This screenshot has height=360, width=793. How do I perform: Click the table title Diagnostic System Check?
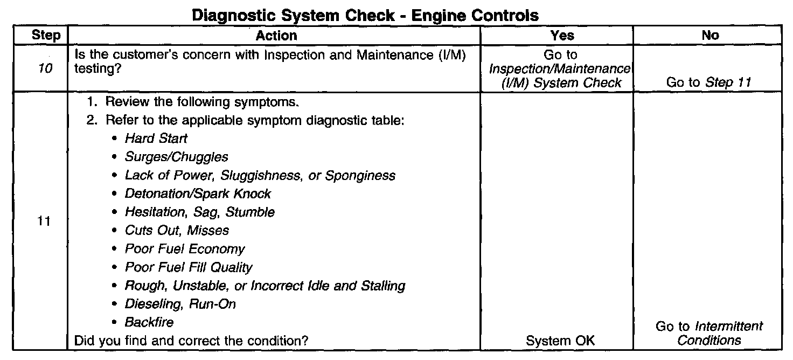[365, 16]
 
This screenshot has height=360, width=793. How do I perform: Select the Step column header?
[46, 36]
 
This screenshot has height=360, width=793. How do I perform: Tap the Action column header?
[276, 36]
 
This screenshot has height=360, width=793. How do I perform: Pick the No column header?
[710, 36]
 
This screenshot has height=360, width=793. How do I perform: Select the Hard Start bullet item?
[156, 139]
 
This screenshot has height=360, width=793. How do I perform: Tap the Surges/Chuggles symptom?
[176, 157]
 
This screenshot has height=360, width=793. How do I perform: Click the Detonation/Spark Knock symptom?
[198, 193]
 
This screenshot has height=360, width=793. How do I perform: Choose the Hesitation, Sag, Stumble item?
[199, 212]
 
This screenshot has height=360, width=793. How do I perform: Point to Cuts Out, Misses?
[177, 230]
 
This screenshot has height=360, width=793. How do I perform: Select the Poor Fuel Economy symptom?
[184, 248]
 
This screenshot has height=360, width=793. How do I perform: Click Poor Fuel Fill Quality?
[188, 267]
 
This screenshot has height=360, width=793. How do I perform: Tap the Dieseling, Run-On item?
[180, 303]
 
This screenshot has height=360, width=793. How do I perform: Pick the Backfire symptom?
[149, 322]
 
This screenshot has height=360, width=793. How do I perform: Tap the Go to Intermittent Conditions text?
[709, 333]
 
